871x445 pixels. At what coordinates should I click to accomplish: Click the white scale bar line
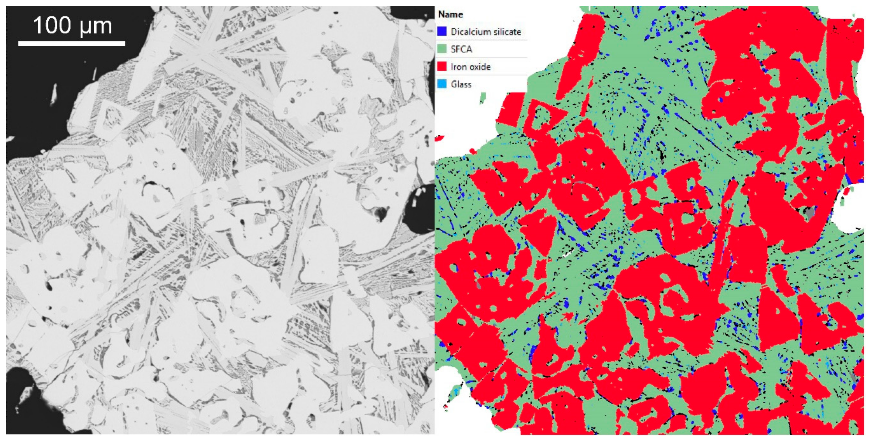[x=72, y=43]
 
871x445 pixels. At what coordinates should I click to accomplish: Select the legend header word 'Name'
[x=450, y=15]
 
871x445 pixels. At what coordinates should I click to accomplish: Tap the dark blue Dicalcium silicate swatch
[x=442, y=32]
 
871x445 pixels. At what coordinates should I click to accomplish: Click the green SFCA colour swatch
[x=442, y=49]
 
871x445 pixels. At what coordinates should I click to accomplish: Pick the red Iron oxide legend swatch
[x=442, y=67]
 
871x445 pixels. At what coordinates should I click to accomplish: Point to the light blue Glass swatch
[x=442, y=84]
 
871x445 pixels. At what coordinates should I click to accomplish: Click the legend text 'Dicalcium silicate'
[x=486, y=32]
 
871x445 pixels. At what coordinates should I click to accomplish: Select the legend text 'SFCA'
[x=461, y=49]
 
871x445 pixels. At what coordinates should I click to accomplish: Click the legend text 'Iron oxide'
[x=470, y=67]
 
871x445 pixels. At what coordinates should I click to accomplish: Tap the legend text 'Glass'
[x=461, y=84]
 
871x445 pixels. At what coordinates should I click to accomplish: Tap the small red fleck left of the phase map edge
[x=439, y=138]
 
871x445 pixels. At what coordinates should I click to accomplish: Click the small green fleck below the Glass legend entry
[x=483, y=99]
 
